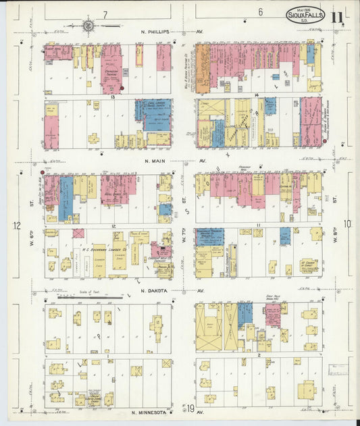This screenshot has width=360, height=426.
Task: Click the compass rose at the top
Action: point(88,26)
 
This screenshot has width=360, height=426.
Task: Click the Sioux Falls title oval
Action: point(305,16)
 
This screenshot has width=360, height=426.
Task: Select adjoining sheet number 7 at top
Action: point(105,13)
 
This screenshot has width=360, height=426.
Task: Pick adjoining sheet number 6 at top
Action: point(260,12)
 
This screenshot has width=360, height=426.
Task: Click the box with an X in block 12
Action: point(78,233)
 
